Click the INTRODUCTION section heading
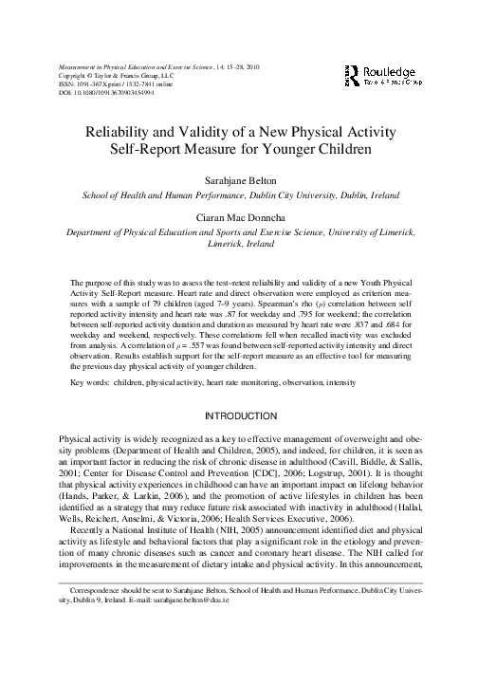(238, 415)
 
